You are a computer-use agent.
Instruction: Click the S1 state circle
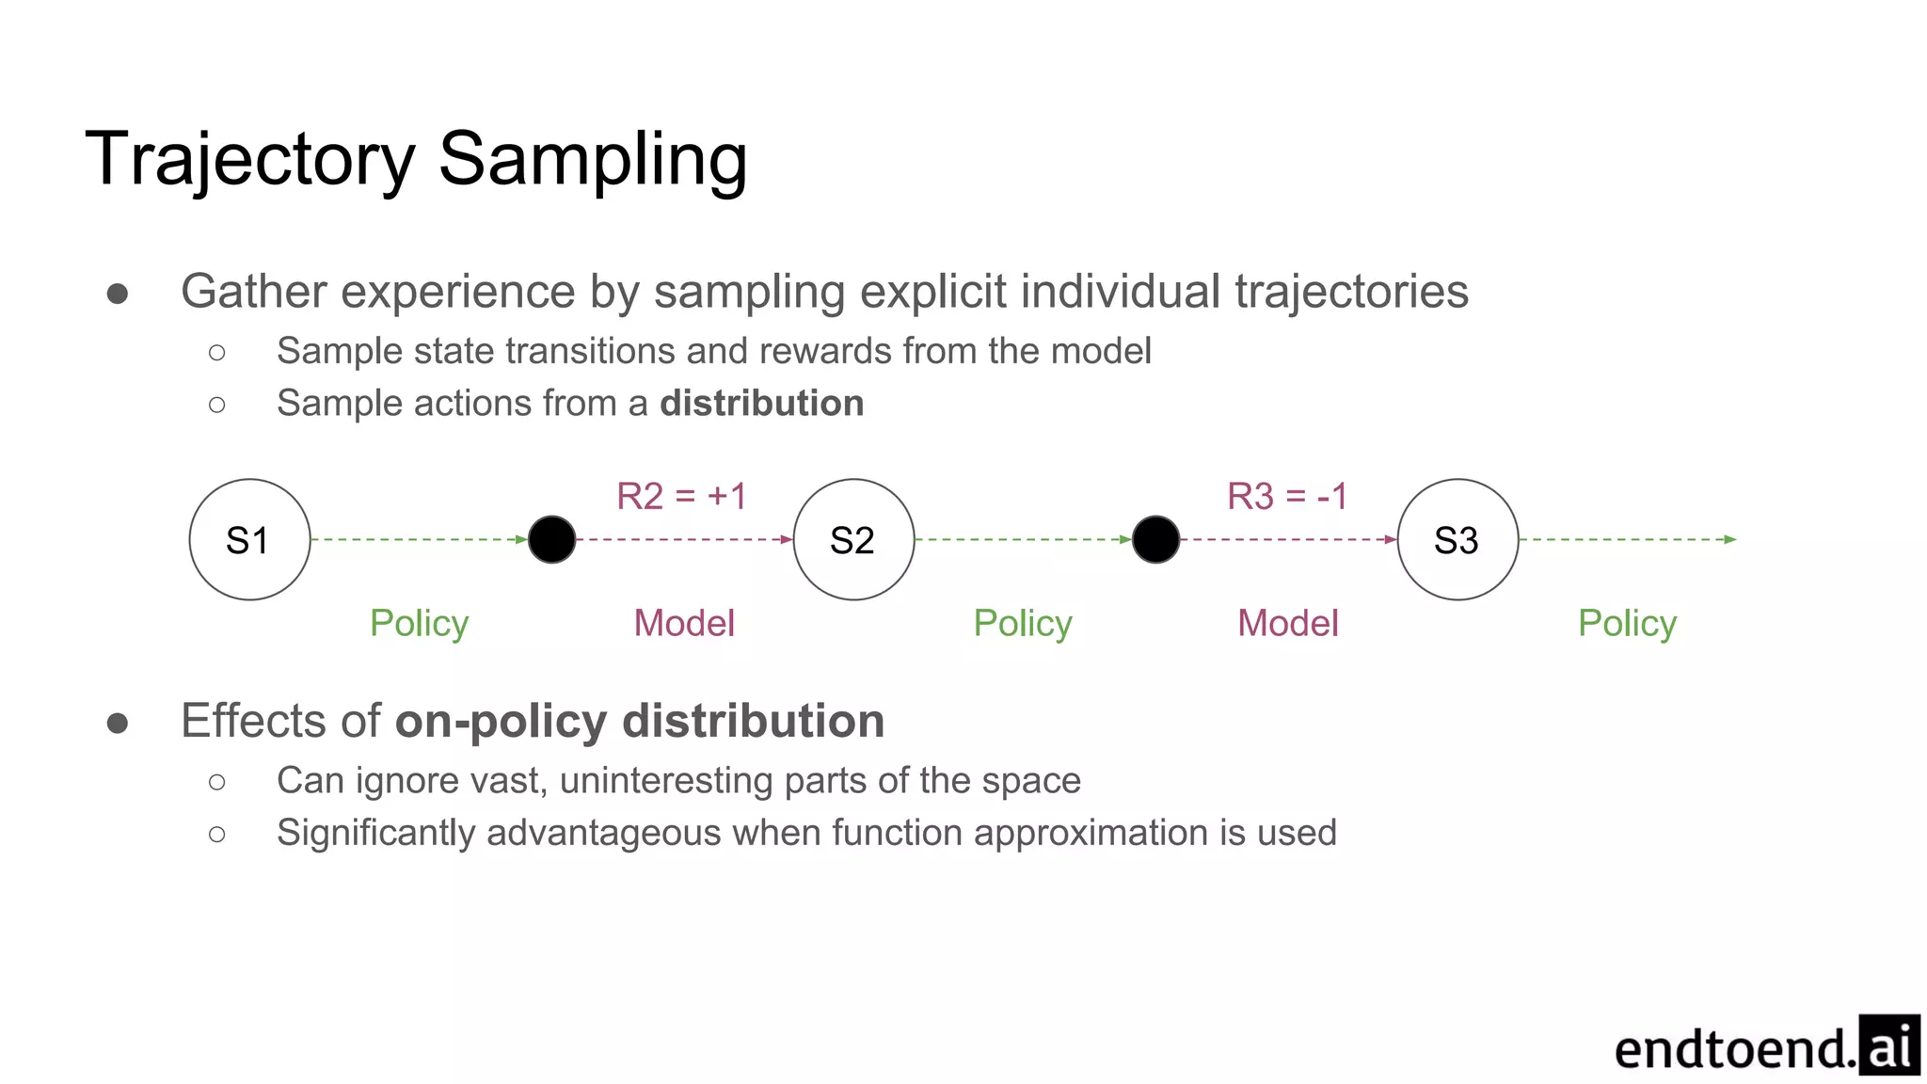[x=249, y=539]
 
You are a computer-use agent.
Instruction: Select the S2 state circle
[x=853, y=539]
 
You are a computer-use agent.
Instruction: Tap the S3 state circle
[x=1457, y=539]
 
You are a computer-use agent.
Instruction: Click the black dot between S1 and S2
[x=552, y=539]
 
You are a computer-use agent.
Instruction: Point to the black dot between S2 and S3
[x=1155, y=539]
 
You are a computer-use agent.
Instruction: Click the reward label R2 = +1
[x=681, y=496]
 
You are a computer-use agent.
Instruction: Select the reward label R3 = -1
[x=1287, y=496]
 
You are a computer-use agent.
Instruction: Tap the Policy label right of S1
[x=419, y=623]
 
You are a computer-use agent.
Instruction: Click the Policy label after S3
[x=1627, y=623]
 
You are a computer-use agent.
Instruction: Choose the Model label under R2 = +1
[x=684, y=623]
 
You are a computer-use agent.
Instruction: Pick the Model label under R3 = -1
[x=1287, y=623]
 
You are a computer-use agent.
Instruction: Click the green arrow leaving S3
[x=1628, y=539]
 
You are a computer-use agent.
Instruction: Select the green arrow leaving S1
[x=419, y=539]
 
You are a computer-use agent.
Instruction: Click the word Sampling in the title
[x=593, y=160]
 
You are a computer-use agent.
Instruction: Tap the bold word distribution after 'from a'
[x=761, y=403]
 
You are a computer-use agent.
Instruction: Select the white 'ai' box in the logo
[x=1888, y=1044]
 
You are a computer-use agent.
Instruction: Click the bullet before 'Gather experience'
[x=118, y=294]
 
